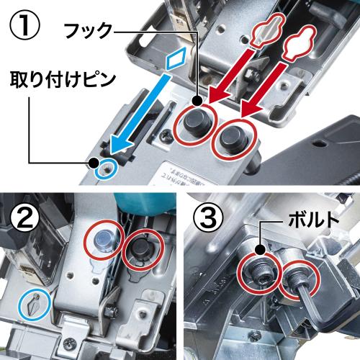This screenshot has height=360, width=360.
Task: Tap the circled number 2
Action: point(24,217)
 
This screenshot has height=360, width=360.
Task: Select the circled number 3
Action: point(208,217)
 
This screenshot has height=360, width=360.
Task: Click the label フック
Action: point(89,31)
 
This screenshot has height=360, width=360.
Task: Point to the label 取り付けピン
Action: point(63,80)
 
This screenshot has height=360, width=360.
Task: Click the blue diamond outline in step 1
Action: point(176,58)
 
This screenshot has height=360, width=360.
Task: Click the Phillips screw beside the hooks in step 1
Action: point(166,136)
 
